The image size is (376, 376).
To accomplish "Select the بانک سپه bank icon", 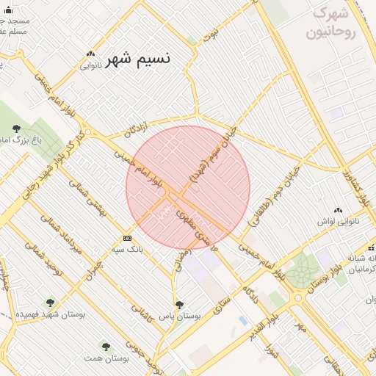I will pos(128,238).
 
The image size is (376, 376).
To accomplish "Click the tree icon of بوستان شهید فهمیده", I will pos(50,302).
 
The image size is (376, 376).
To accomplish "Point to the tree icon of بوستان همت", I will pos(106,345).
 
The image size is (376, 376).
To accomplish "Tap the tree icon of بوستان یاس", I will pos(178,304).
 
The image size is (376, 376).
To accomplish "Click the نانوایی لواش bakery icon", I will pos(339,210).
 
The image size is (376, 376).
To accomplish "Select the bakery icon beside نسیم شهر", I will pos(90,54).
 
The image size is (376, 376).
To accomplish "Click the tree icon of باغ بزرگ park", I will pos(16,129).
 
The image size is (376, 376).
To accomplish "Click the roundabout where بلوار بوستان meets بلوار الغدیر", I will pos(299,297).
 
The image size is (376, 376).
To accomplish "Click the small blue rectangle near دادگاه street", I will pos(243,321).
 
